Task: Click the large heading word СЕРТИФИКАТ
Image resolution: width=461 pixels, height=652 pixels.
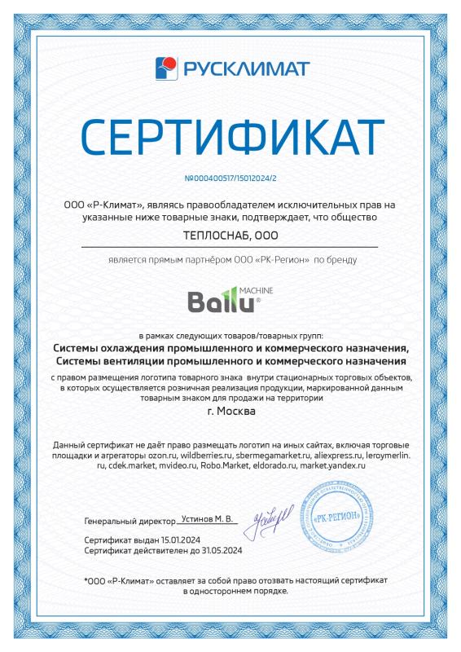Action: (x=230, y=139)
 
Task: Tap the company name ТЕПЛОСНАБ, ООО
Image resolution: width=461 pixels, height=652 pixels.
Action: (x=230, y=236)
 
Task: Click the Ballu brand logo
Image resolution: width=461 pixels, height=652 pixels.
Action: (x=220, y=302)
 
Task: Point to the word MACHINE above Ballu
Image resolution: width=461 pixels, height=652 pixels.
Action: (x=256, y=289)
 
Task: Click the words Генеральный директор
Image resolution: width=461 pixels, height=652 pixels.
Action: (x=130, y=519)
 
